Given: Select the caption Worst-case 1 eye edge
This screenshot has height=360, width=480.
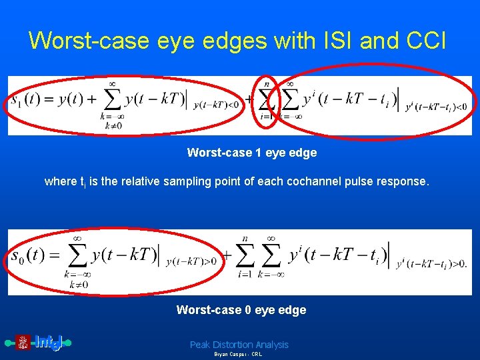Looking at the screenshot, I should click(x=252, y=153).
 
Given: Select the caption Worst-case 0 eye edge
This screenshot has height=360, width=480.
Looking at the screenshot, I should click(x=241, y=310).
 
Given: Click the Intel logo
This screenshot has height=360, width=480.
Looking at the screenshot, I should click(x=40, y=343).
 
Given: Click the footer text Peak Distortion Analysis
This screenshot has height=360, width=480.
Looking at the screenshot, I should click(x=239, y=345).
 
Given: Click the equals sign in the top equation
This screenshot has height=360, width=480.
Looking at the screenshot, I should click(x=48, y=100).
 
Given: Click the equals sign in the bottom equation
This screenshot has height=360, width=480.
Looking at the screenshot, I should click(x=51, y=256).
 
